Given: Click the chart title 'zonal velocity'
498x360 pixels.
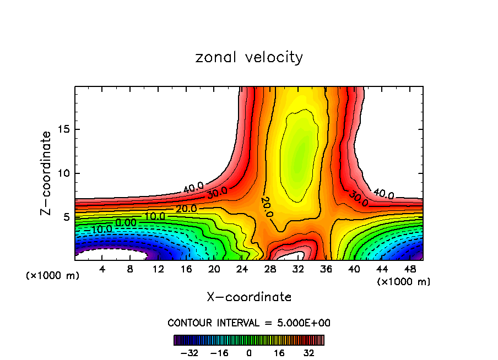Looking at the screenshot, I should click(x=249, y=57).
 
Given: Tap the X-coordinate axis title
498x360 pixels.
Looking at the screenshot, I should click(x=249, y=297).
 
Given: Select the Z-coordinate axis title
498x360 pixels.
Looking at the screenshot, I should click(x=46, y=173).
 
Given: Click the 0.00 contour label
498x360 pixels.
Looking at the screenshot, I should click(x=126, y=222).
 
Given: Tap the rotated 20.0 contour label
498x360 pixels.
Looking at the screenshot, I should click(x=267, y=206).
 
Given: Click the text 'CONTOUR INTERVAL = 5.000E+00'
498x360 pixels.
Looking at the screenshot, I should click(x=249, y=323).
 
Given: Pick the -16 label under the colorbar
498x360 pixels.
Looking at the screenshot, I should click(x=219, y=353).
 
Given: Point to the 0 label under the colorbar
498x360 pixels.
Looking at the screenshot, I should click(x=249, y=353).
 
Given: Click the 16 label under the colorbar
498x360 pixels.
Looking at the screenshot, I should click(x=279, y=353).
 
